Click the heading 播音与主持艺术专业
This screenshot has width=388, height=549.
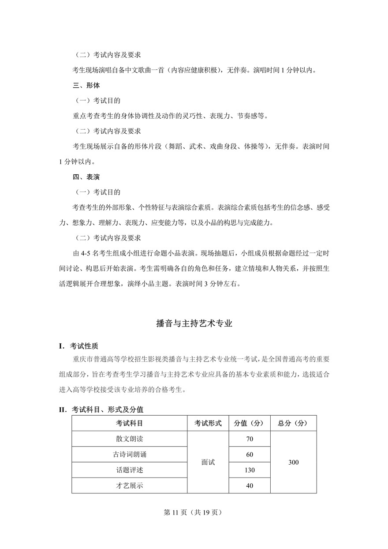(194, 323)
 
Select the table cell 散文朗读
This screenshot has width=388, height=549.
(130, 439)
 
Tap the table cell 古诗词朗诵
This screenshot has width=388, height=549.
(130, 455)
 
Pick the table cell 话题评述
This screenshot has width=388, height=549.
(130, 470)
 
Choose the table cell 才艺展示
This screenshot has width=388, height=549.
(130, 486)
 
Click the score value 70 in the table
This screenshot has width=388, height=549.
(250, 439)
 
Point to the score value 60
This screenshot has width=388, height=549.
(250, 455)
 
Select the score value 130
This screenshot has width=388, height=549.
(250, 470)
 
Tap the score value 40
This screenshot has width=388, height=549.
(250, 486)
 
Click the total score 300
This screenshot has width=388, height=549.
(293, 462)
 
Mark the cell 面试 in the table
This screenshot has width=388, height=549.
(208, 462)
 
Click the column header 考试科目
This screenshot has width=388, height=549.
(130, 423)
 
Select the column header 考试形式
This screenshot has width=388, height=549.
(208, 423)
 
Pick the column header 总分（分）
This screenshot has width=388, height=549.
(293, 423)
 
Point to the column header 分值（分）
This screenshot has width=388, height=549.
(250, 423)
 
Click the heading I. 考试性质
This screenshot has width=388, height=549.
(82, 346)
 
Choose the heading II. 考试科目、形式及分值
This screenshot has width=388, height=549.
(101, 410)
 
